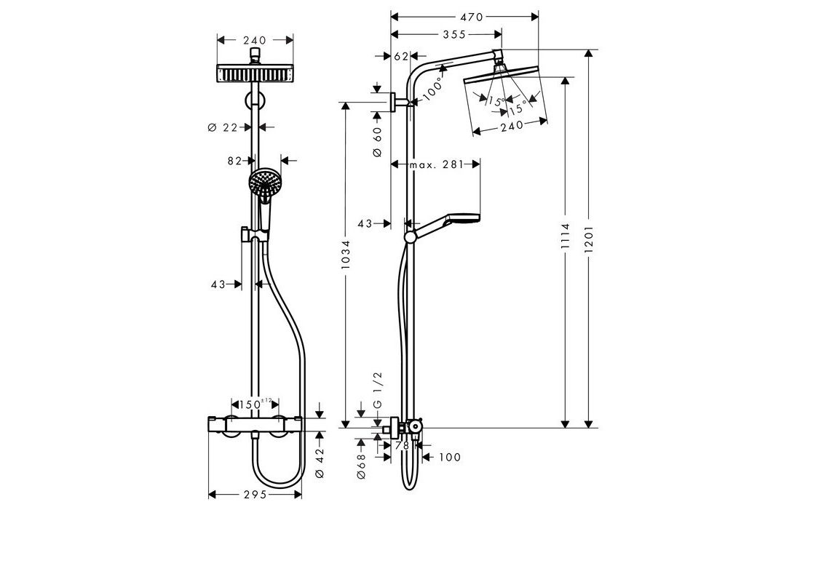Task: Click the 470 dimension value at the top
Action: pos(472,17)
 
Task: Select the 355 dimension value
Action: pos(454,34)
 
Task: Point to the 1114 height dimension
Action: pos(565,236)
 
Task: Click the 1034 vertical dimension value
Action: pos(346,254)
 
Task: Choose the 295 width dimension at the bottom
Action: pos(255,495)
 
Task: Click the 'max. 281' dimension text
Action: pos(437,164)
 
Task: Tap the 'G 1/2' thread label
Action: pos(378,389)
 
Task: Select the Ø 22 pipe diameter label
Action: pos(223,127)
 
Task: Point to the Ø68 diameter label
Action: pos(361,466)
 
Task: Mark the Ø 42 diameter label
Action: pos(320,463)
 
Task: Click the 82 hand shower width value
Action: pos(234,161)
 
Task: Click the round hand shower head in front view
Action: pos(264,183)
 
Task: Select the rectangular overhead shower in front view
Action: pos(255,73)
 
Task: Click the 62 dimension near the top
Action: pos(402,56)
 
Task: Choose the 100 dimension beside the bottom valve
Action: pos(450,458)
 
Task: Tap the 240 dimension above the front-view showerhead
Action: pos(255,40)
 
